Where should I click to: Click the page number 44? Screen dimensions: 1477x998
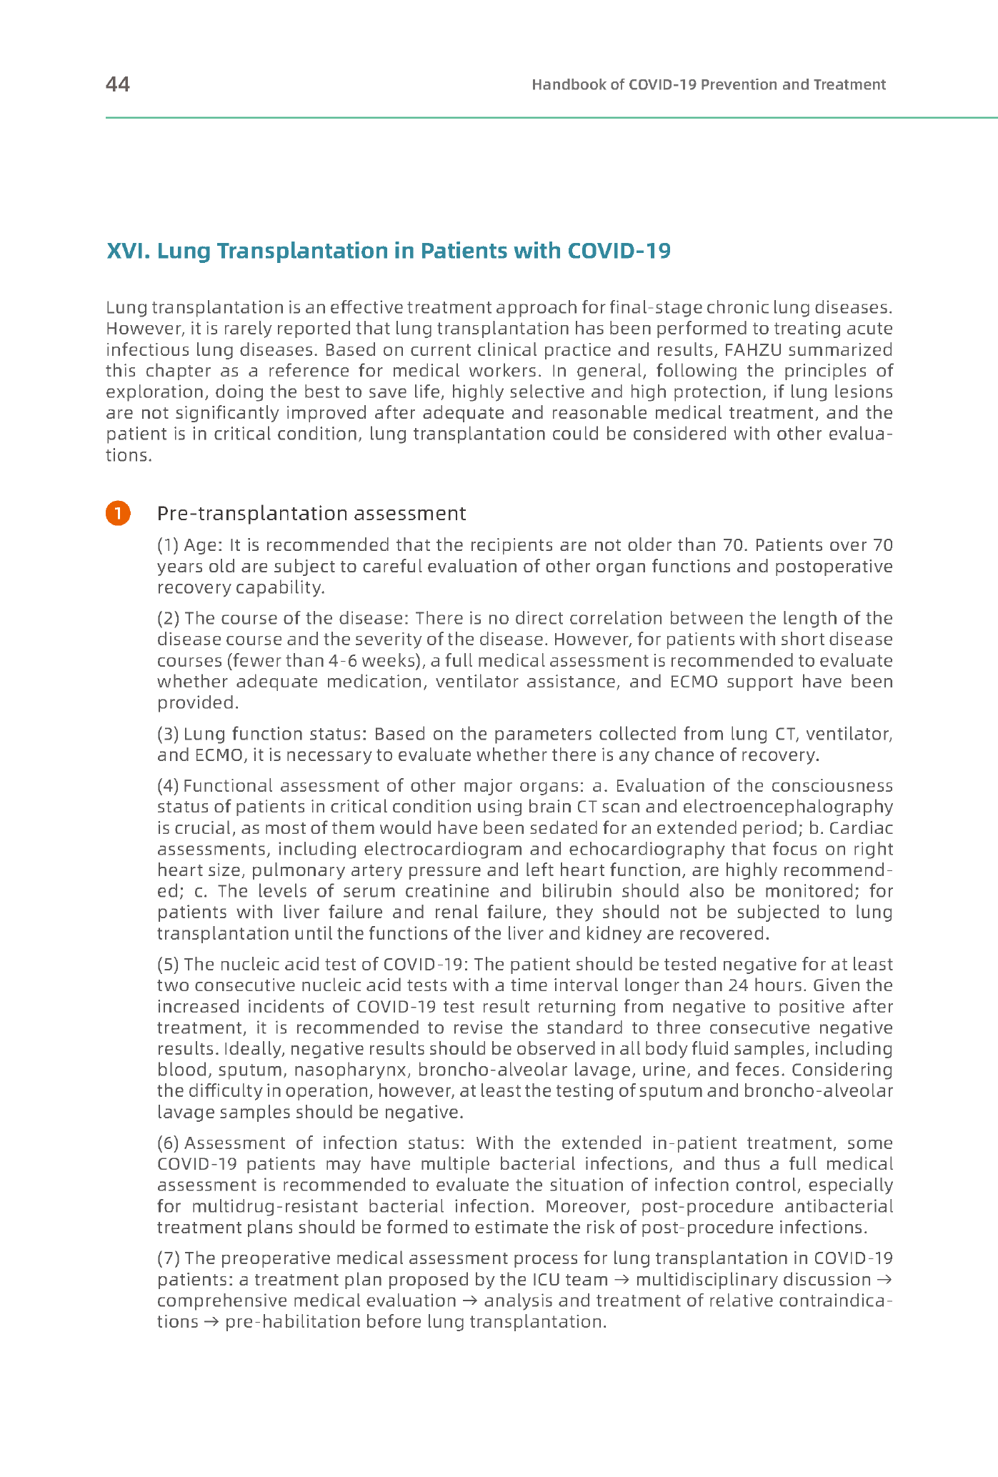pos(118,84)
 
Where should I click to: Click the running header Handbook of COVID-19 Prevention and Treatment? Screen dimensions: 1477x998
pos(708,85)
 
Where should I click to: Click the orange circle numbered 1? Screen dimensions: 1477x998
pos(118,513)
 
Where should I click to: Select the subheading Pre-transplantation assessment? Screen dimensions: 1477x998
pos(311,514)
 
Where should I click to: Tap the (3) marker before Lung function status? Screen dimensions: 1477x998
pos(168,734)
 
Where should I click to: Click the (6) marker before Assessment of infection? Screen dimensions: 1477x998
pos(168,1143)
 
